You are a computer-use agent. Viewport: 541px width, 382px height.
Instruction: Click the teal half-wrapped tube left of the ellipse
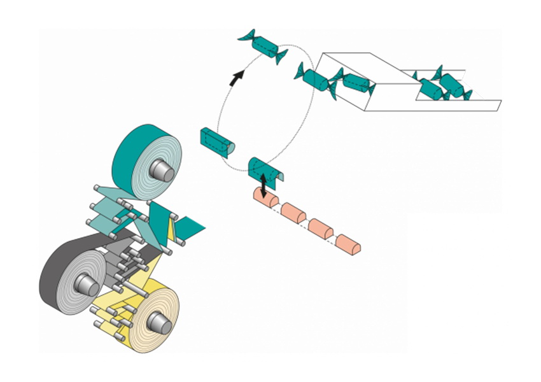(x=217, y=141)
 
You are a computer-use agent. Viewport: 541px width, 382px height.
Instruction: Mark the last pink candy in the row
(x=349, y=245)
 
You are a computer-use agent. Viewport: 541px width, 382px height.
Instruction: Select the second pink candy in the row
(x=294, y=213)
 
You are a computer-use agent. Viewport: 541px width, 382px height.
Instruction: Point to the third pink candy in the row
(x=322, y=229)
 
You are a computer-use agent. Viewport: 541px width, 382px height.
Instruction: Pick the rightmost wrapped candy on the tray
(x=453, y=85)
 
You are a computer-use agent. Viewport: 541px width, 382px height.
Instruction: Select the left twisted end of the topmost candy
(x=245, y=37)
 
